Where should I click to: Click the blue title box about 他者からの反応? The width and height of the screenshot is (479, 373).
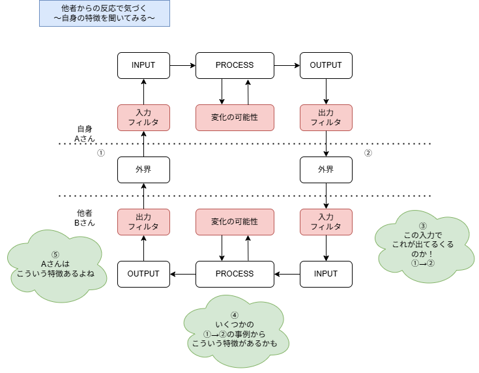104,13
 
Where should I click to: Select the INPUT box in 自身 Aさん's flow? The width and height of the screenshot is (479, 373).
143,65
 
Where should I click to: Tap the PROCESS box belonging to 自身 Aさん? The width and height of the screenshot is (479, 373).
235,65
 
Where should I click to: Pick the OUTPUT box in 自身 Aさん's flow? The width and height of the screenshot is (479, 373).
326,65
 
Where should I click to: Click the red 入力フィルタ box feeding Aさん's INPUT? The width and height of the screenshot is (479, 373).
143,117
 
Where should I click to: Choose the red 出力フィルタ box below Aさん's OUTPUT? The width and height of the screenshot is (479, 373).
326,117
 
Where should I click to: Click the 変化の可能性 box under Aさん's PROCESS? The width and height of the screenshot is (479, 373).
235,117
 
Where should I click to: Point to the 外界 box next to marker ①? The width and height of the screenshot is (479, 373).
143,170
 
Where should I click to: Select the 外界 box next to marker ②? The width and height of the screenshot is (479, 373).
326,170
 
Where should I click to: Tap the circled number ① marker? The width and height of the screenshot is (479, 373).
100,154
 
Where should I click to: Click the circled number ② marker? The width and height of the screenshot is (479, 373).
368,154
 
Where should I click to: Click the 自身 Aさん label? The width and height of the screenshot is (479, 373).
85,134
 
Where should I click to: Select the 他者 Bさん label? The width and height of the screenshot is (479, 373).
85,218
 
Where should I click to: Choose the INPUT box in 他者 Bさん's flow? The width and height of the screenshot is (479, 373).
326,274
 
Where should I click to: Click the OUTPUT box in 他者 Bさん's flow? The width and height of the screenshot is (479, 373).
143,274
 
